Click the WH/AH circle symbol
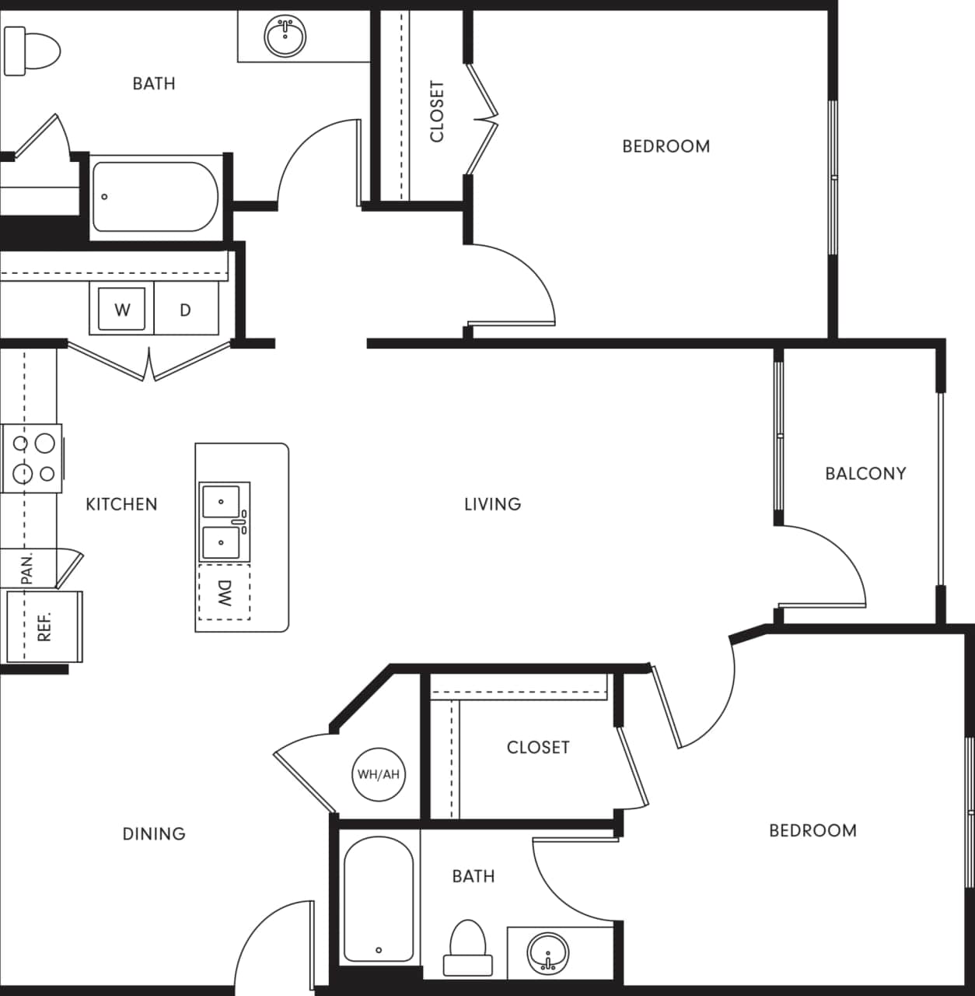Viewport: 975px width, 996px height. [379, 774]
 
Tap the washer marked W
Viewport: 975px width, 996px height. [122, 310]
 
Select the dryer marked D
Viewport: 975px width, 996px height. [185, 310]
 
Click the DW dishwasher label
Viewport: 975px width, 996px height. [224, 593]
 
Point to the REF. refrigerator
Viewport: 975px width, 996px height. [44, 626]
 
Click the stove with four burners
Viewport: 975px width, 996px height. [33, 458]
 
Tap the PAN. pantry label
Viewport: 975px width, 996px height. [27, 569]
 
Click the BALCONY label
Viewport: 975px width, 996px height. [865, 473]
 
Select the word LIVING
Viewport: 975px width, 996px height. [492, 504]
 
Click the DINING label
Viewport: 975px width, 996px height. [154, 834]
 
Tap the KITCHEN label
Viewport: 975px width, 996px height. [121, 504]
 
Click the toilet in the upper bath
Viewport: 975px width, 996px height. [32, 51]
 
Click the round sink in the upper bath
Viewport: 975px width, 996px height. [285, 35]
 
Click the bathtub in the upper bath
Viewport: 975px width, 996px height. [156, 197]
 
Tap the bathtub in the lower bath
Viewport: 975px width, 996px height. [379, 899]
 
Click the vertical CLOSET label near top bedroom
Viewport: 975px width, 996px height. [436, 111]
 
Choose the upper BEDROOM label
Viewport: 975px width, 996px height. [666, 146]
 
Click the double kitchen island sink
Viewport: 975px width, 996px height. [224, 521]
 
